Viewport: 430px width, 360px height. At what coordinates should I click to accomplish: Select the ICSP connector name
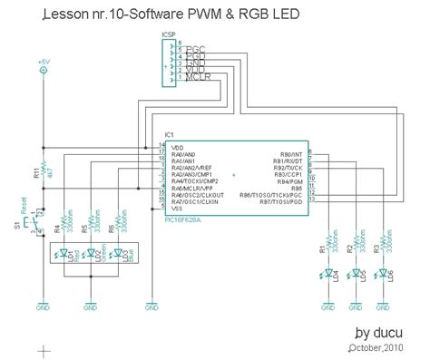point(169,34)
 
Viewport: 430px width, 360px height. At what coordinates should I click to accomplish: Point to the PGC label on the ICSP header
point(195,44)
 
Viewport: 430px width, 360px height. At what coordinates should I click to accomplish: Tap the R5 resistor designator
point(83,228)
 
